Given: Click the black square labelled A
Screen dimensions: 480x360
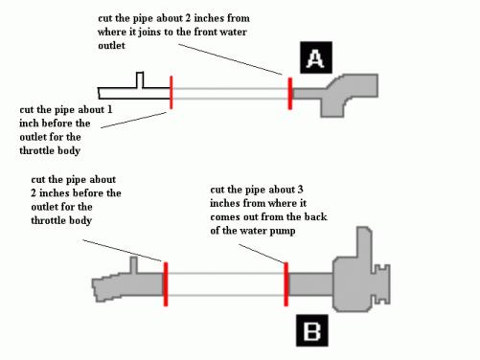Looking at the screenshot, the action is tap(316, 57).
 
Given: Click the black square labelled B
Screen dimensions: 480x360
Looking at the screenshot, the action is tap(312, 330).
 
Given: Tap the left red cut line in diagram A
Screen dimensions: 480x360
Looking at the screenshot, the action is tap(171, 93).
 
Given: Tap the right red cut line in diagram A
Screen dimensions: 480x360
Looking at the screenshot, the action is tap(290, 94).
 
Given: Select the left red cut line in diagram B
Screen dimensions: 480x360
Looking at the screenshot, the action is tap(166, 284).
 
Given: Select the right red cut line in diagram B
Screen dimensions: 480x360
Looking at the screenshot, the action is tap(286, 284).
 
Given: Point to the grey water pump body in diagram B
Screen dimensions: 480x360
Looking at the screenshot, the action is tap(352, 281).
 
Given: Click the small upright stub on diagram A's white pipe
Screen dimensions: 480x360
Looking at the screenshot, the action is tap(140, 79).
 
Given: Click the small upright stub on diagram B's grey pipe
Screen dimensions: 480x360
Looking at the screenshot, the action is tap(134, 265).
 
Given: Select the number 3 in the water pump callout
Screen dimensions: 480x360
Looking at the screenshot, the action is tap(300, 190).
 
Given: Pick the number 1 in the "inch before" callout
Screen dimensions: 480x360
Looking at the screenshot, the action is tap(109, 109).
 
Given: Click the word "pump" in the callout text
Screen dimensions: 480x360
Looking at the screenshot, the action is tap(283, 231).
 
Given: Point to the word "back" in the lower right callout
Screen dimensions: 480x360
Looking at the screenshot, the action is tap(315, 216).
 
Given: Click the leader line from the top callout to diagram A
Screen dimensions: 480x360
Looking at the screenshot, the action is tap(230, 59).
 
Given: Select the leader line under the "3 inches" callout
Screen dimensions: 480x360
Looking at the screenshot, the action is tap(262, 254).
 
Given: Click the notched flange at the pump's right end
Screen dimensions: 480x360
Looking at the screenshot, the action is tap(381, 284).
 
